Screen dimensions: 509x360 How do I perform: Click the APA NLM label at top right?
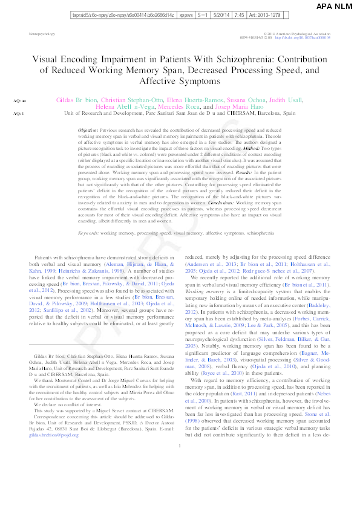335,7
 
